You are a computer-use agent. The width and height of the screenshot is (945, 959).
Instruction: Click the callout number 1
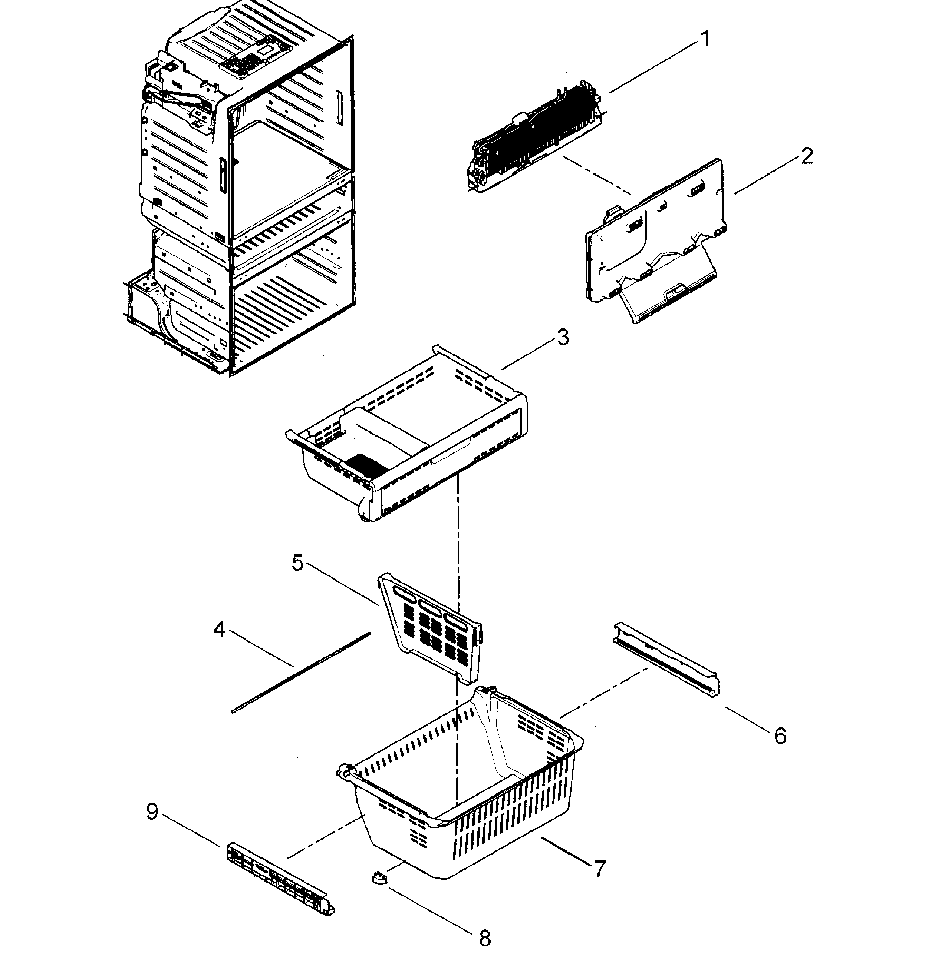(x=705, y=39)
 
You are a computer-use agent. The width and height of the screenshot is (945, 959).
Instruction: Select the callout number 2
(x=807, y=156)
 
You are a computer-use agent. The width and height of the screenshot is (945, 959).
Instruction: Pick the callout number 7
(x=599, y=869)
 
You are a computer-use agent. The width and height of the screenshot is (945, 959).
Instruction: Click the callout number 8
(x=484, y=938)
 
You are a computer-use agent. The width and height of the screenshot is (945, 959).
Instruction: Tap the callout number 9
(x=152, y=812)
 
